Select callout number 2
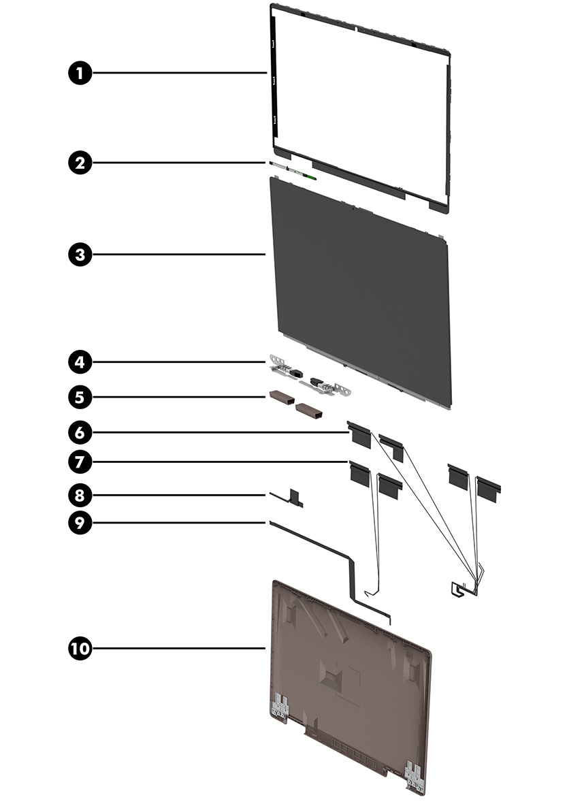[80, 163]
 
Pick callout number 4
[80, 361]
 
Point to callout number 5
[80, 396]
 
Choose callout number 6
[80, 432]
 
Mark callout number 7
[80, 462]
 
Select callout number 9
[80, 523]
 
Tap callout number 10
[80, 648]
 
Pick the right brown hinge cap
[309, 411]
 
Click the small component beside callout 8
[295, 498]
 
